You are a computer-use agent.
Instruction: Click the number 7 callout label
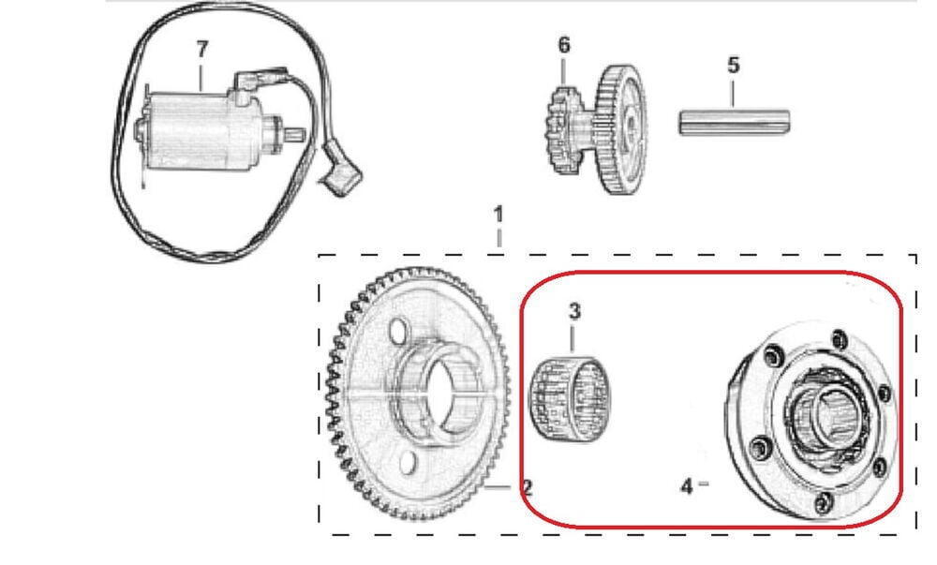coord(202,50)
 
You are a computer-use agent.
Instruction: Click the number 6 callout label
coord(564,45)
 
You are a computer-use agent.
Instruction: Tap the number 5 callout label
coord(734,65)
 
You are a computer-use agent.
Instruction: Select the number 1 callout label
coord(498,215)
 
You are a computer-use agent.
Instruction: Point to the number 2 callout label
coord(527,488)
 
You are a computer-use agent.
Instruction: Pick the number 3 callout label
coord(574,311)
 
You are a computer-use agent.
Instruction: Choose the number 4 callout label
coord(687,486)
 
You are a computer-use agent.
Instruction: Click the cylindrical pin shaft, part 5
coord(735,122)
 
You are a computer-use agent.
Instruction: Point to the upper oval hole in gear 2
coord(397,330)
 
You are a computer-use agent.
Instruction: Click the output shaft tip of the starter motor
coord(297,135)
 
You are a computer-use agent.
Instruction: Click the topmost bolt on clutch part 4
coord(840,339)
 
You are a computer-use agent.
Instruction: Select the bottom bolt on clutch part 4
coord(824,503)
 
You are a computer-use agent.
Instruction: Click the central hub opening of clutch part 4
coord(833,414)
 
